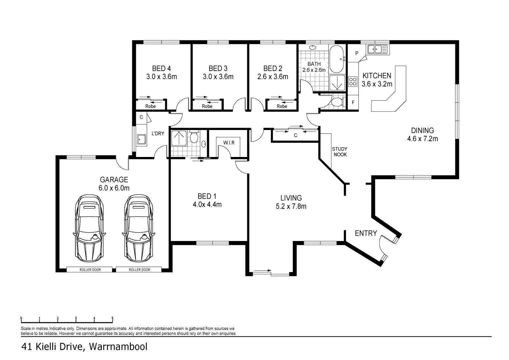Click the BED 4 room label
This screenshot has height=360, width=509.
[162, 69]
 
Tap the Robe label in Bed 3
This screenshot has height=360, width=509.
[207, 106]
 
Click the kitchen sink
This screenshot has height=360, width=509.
[378, 49]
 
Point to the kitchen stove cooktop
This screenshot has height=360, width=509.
[352, 82]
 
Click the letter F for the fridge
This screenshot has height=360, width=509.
[353, 103]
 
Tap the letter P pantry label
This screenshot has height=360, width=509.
[356, 53]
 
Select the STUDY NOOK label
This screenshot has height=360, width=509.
[339, 152]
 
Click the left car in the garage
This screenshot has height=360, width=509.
[89, 228]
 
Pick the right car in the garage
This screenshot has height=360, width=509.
[139, 228]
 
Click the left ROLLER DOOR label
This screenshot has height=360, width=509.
[90, 270]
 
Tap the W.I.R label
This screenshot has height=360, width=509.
[229, 143]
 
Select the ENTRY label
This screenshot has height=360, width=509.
[366, 233]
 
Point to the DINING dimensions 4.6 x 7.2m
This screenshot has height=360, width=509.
[422, 139]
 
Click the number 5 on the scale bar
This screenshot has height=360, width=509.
[113, 318]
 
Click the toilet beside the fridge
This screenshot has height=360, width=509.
[337, 102]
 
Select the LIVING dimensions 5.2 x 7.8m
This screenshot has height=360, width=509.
[291, 206]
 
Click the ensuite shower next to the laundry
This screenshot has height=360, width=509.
[179, 138]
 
